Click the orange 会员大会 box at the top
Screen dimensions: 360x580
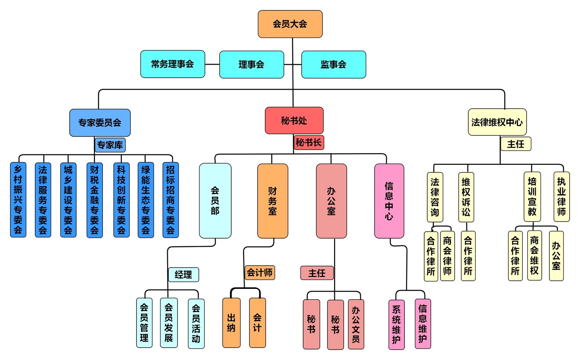290,24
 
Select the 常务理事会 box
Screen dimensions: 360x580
172,64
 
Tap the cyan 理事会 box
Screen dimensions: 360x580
251,65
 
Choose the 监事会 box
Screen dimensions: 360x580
333,65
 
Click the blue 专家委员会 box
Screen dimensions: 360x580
100,123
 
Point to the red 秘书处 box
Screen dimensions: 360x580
294,121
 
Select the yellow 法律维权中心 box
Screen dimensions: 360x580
497,122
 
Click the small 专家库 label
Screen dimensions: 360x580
110,145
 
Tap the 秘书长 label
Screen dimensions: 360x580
309,142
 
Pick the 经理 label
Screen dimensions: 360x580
183,275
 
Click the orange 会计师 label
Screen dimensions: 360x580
259,273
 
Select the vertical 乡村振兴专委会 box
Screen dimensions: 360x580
18,200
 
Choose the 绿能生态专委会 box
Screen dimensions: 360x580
145,200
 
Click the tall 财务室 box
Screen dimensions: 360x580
273,201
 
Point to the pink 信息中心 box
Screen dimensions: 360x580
389,201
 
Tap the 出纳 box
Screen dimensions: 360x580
231,323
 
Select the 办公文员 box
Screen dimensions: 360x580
356,324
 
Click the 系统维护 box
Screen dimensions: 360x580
396,324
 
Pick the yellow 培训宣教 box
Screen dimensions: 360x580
532,196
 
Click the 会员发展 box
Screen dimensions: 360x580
169,322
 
